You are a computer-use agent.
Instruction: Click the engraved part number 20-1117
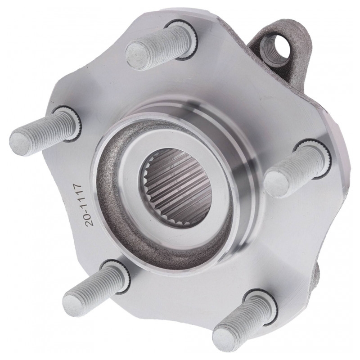point(83,205)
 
